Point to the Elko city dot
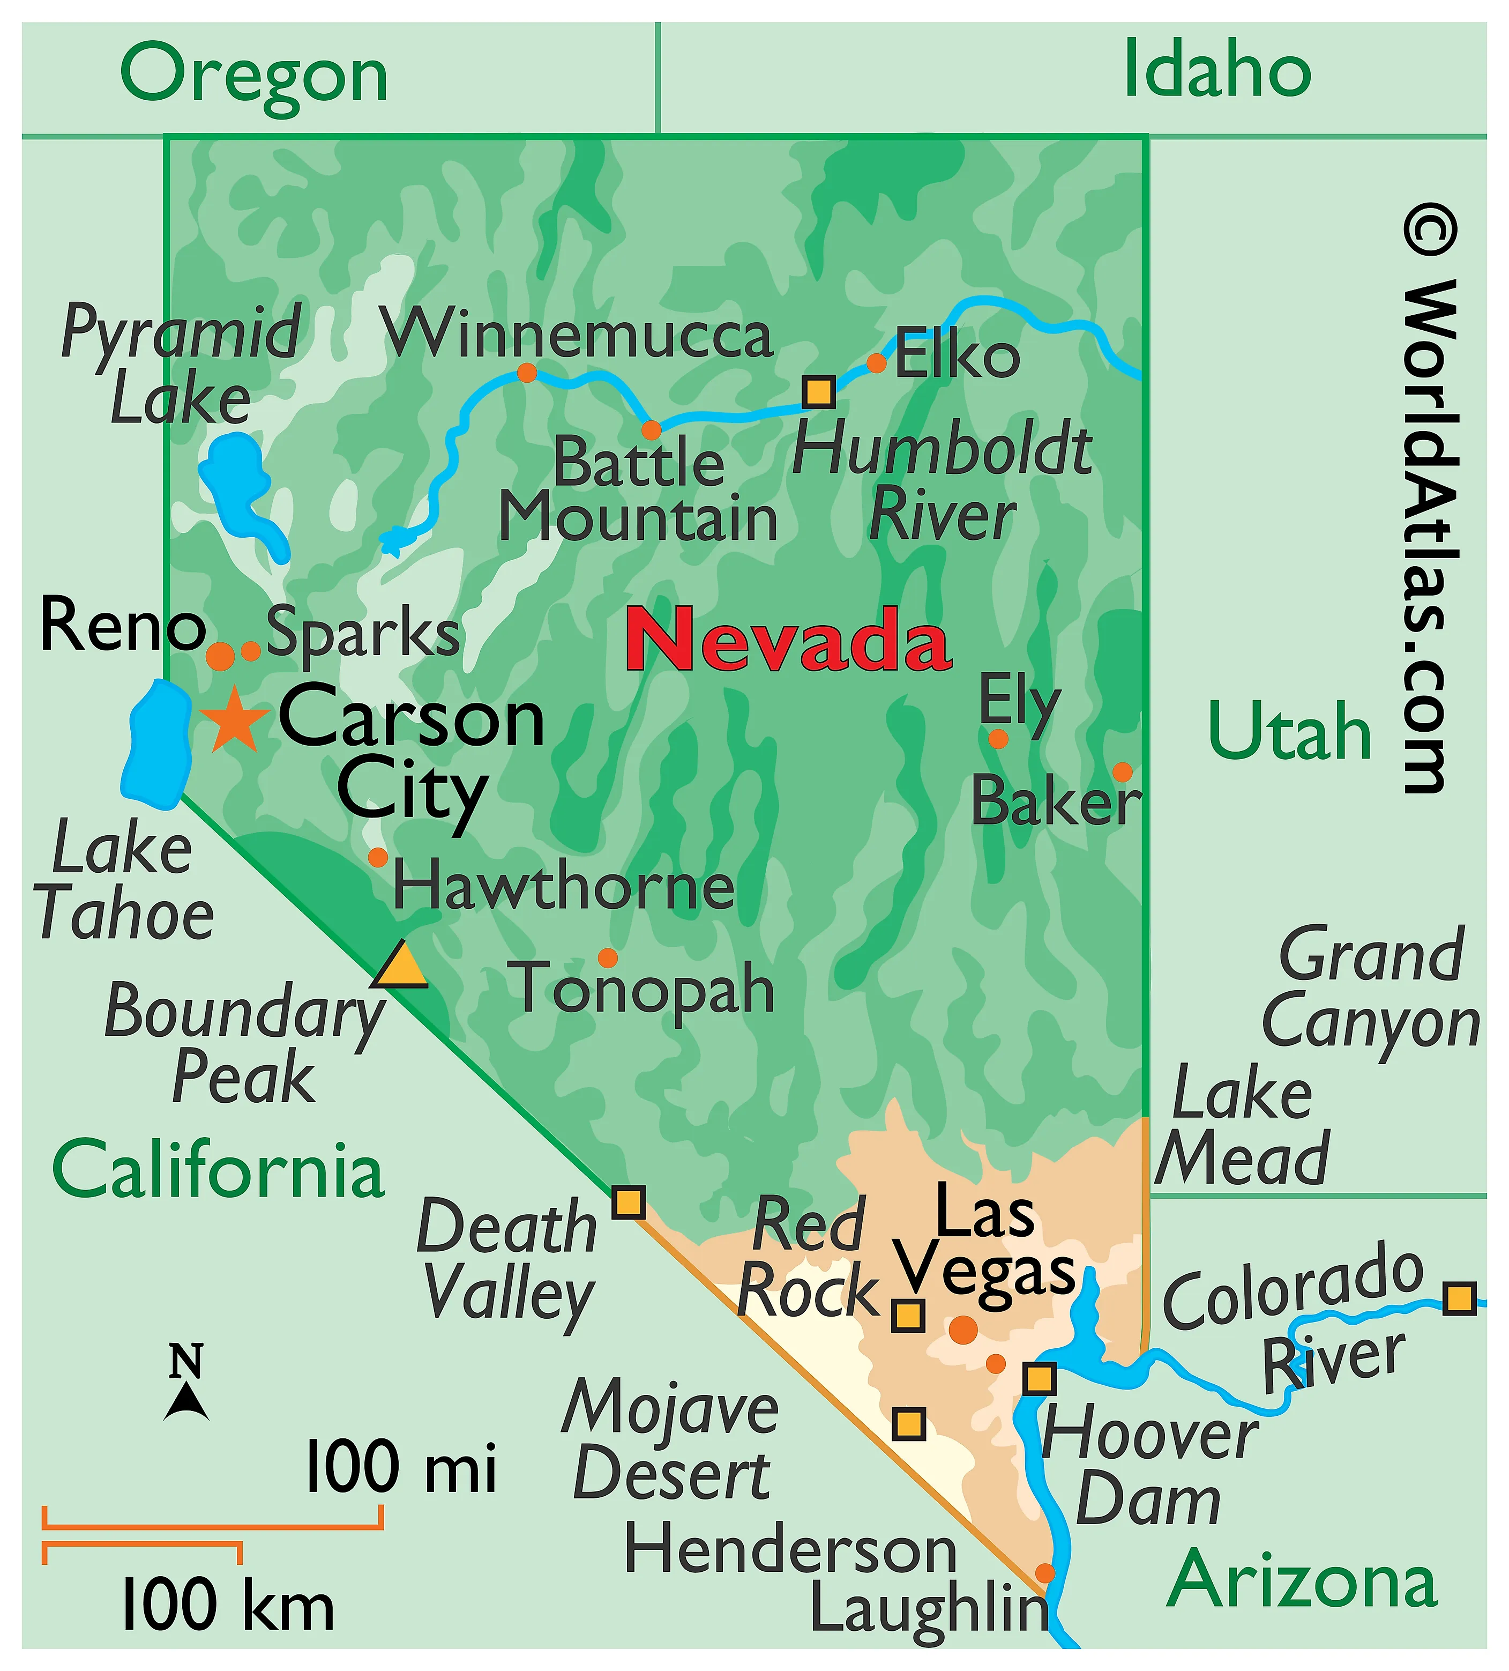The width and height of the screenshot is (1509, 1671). click(x=876, y=363)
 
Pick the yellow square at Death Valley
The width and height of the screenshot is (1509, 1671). click(x=628, y=1202)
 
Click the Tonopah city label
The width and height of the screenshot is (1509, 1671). click(x=645, y=989)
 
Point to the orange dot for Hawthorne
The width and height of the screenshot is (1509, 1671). click(x=378, y=857)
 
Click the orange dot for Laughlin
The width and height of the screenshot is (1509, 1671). click(x=1045, y=1572)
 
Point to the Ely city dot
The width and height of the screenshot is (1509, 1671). click(x=998, y=739)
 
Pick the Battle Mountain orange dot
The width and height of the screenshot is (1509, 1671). click(x=651, y=429)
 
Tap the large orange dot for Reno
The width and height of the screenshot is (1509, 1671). click(x=220, y=656)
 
